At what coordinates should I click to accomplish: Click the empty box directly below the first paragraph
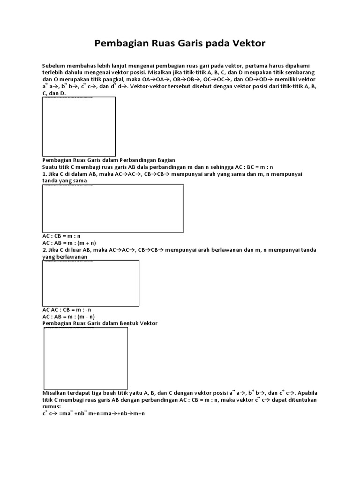point(79,127)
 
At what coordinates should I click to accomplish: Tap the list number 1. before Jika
point(45,174)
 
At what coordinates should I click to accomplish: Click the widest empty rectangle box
point(113,208)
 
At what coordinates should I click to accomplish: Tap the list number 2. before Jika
point(45,250)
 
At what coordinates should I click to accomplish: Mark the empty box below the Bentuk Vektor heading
point(86,357)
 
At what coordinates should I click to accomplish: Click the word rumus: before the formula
point(52,406)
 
